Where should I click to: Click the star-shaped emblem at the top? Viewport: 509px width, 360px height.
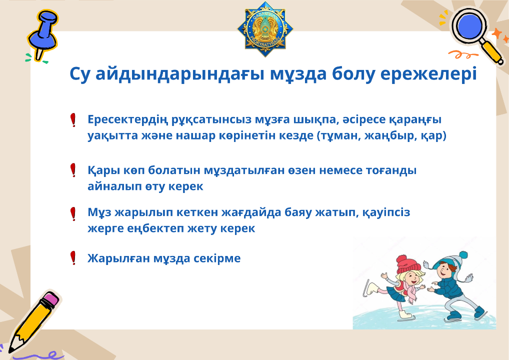(265, 29)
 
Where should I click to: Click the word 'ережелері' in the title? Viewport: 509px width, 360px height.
(428, 74)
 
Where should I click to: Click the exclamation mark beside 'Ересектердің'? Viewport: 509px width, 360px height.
(73, 120)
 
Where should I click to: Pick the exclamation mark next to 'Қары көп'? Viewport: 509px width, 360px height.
(73, 170)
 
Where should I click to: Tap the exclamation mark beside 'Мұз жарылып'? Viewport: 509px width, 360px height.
(73, 214)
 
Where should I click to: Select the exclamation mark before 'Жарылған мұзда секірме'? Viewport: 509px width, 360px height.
(73, 258)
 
